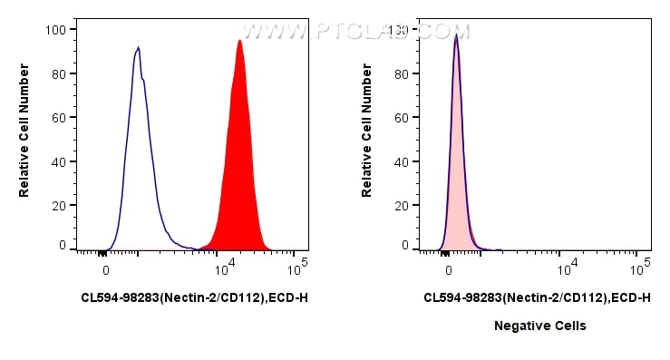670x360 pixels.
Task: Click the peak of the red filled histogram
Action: (239, 41)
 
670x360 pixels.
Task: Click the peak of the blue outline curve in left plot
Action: (138, 48)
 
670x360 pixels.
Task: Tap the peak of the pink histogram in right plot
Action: (456, 36)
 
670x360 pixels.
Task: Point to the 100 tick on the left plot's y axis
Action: (56, 30)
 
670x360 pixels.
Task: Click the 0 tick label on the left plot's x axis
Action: (106, 269)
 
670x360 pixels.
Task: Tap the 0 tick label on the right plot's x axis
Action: (448, 269)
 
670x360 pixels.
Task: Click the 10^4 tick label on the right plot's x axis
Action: (568, 268)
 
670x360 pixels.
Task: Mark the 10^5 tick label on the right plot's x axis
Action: (641, 268)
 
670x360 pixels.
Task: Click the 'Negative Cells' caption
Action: (539, 325)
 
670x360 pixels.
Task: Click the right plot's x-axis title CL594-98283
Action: (537, 297)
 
